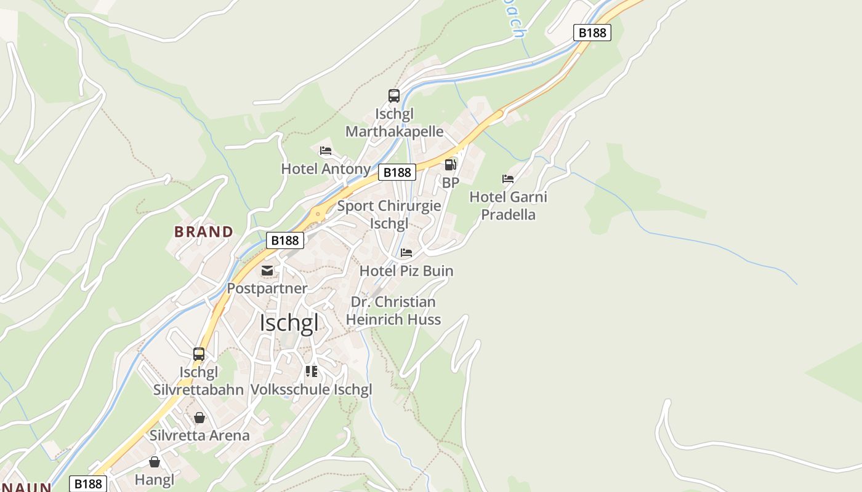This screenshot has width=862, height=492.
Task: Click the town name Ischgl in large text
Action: [x=289, y=323]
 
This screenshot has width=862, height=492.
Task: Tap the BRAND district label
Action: [x=204, y=232]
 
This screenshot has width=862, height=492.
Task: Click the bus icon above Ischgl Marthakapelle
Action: [x=394, y=96]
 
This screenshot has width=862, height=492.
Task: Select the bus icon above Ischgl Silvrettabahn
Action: [x=199, y=354]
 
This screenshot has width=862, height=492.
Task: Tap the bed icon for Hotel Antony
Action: [x=326, y=151]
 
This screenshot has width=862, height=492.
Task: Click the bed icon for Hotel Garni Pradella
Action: [x=508, y=179]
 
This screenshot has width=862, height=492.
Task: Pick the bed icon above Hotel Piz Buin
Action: [x=406, y=253]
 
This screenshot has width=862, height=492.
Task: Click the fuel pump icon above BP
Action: [x=451, y=165]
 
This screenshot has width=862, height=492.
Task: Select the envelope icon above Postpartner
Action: [x=267, y=271]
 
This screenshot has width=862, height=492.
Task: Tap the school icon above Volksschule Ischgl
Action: [x=312, y=371]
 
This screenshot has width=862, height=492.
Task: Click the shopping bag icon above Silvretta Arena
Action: [x=199, y=418]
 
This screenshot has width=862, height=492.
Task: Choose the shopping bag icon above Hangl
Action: [x=155, y=462]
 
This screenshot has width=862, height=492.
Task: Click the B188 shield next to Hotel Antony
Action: [x=397, y=172]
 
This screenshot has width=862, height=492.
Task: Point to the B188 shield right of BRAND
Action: [x=285, y=240]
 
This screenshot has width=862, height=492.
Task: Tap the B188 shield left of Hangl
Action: [x=88, y=484]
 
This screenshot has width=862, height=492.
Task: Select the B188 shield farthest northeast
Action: [x=592, y=33]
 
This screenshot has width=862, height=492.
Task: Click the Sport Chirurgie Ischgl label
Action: [x=389, y=214]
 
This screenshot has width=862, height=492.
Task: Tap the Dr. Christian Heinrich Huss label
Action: [x=393, y=311]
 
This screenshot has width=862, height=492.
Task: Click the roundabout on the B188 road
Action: [x=318, y=214]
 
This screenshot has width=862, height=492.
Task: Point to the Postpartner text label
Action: [x=267, y=288]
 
